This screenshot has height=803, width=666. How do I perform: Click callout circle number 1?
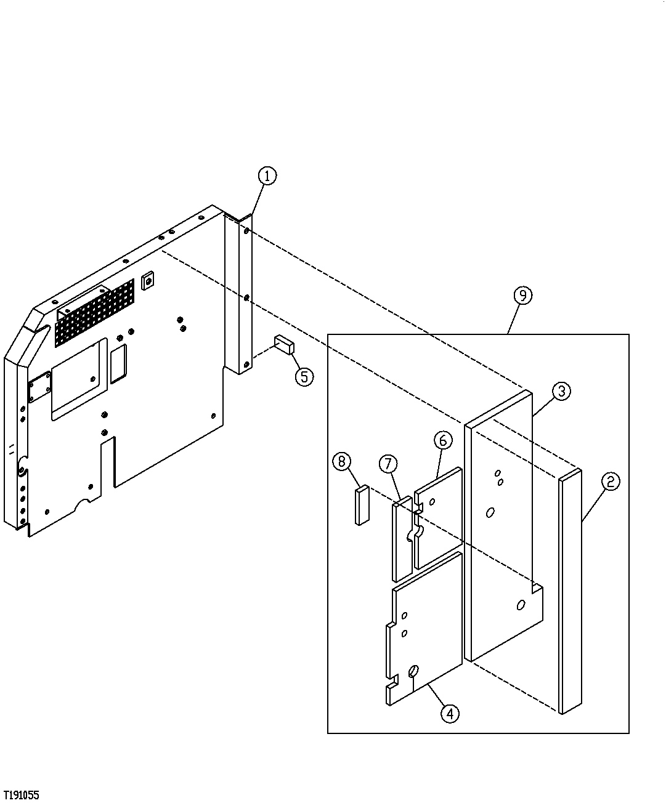tap(267, 176)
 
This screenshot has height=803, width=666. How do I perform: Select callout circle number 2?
tap(610, 482)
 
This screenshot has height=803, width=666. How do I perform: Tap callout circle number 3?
tap(561, 391)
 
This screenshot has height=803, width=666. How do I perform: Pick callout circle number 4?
tap(450, 714)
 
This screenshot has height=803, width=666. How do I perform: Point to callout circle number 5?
tap(304, 376)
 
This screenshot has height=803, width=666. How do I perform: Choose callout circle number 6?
tap(443, 440)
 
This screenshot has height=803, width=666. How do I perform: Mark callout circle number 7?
tap(388, 464)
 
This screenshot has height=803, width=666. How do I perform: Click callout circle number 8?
tap(343, 461)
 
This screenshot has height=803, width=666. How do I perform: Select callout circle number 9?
tap(522, 296)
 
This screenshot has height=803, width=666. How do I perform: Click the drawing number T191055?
tap(21, 795)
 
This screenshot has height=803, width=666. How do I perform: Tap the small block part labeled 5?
tap(285, 344)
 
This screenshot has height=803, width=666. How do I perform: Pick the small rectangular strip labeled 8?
tap(362, 505)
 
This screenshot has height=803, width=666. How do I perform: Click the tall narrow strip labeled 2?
tap(571, 591)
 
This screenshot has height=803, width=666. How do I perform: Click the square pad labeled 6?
tap(439, 517)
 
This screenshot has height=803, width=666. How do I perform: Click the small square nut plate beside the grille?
tap(147, 281)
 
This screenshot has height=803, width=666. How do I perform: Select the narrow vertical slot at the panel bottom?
tap(108, 462)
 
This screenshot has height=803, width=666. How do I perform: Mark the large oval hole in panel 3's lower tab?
tap(521, 606)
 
